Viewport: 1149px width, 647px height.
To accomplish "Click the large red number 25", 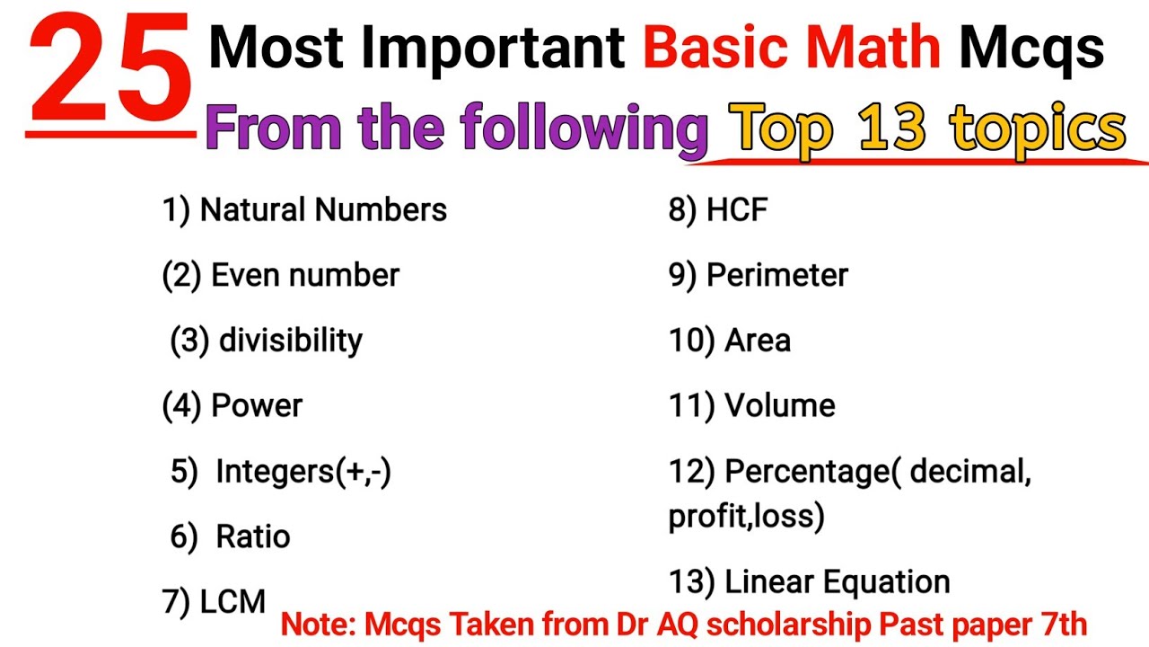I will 110,73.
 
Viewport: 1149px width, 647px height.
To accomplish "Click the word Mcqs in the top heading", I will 1031,49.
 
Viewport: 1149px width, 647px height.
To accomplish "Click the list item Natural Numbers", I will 323,210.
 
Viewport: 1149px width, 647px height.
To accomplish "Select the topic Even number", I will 304,275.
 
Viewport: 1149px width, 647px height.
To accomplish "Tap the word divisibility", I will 291,341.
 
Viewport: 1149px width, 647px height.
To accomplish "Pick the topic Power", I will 257,405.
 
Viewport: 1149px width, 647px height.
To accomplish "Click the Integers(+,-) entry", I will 303,472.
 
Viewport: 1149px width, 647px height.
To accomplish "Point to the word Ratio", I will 253,536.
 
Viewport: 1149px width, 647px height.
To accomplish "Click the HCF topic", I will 737,210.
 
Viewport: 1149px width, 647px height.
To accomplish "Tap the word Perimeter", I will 777,276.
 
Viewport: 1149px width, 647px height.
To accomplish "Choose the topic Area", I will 758,341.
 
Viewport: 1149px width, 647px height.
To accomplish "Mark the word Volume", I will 780,406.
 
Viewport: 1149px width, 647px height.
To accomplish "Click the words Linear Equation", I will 838,582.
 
